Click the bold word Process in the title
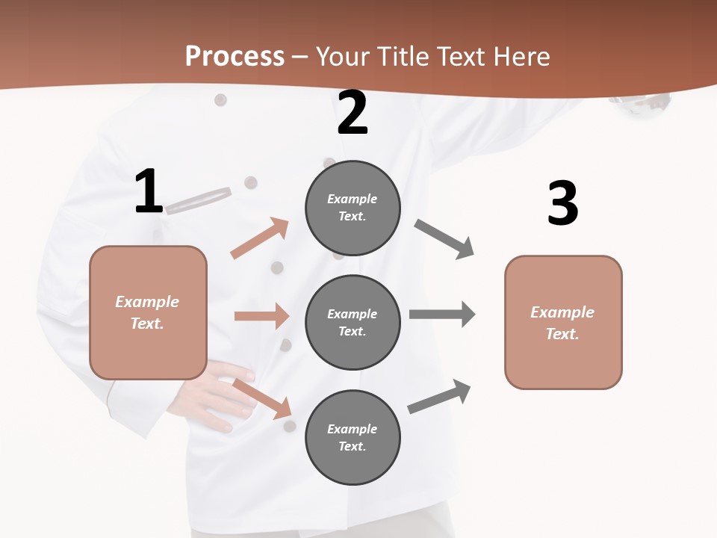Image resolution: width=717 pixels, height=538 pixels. pyautogui.click(x=235, y=56)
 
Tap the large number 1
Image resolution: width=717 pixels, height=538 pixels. pyautogui.click(x=149, y=192)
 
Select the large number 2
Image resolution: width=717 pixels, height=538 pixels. pyautogui.click(x=353, y=113)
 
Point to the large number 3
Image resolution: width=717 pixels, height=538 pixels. pyautogui.click(x=563, y=203)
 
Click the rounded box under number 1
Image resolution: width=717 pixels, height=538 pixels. pyautogui.click(x=148, y=312)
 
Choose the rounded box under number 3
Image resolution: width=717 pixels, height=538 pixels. pyautogui.click(x=563, y=322)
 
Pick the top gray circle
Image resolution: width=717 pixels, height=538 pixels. pyautogui.click(x=353, y=208)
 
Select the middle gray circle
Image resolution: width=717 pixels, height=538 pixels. pyautogui.click(x=353, y=322)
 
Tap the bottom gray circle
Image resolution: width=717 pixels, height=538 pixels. pyautogui.click(x=353, y=437)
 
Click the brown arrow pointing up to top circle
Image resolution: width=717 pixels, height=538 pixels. pyautogui.click(x=260, y=238)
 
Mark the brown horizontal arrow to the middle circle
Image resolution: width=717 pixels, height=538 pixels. pyautogui.click(x=261, y=316)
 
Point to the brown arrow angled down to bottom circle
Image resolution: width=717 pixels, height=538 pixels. pyautogui.click(x=261, y=398)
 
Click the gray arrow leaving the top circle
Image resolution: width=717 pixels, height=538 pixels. pyautogui.click(x=444, y=239)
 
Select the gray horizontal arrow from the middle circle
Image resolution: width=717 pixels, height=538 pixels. pyautogui.click(x=442, y=314)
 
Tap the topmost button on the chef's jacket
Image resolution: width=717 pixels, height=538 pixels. pyautogui.click(x=220, y=99)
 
